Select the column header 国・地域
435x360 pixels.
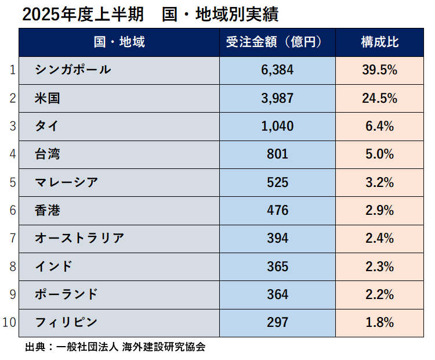pyautogui.click(x=119, y=42)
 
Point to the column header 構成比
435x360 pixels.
pyautogui.click(x=379, y=42)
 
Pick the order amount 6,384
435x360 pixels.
pyautogui.click(x=277, y=70)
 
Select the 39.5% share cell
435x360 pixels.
pyautogui.click(x=379, y=70)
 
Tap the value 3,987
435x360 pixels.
pyautogui.click(x=277, y=98)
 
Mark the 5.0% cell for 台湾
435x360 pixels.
pyautogui.click(x=379, y=154)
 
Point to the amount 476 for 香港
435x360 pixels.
pyautogui.click(x=277, y=210)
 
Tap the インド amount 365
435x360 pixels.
pyautogui.click(x=277, y=266)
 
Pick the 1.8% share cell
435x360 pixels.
pyautogui.click(x=379, y=322)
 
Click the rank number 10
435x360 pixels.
pyautogui.click(x=10, y=322)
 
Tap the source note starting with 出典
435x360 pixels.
pyautogui.click(x=115, y=347)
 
